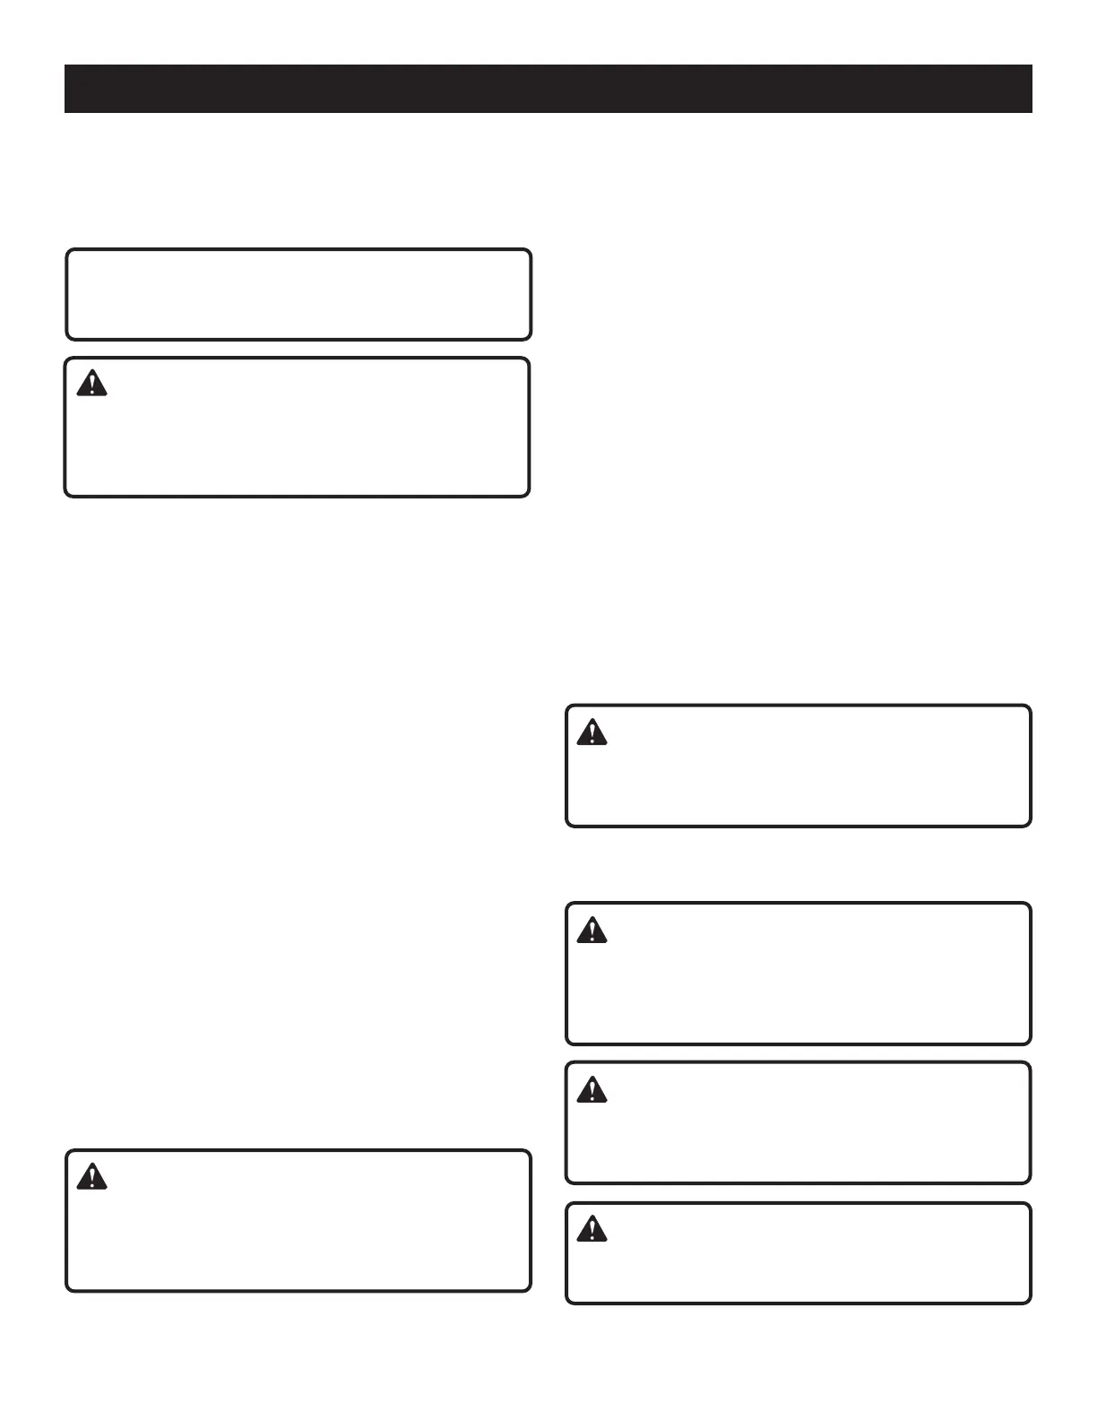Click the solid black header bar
coord(548,89)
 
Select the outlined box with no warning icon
coord(298,295)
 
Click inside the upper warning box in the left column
coord(297,428)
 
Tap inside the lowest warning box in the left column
coord(298,1221)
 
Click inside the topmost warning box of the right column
coord(799,766)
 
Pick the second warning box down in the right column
coord(799,974)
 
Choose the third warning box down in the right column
coord(799,1123)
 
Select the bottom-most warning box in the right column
coord(799,1253)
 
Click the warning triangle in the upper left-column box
coord(91,385)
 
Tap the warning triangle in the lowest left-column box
coord(91,1177)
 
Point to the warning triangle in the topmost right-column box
coord(592,732)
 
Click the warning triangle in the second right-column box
coord(592,931)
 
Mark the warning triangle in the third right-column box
coord(592,1089)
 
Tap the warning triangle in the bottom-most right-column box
coord(592,1229)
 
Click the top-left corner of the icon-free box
coord(68,252)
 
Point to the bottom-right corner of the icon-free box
coord(530,338)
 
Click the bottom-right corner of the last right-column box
coord(1030,1302)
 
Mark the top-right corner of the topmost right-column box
coord(1030,707)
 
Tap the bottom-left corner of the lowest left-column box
coord(68,1289)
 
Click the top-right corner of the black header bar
coord(1032,65)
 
